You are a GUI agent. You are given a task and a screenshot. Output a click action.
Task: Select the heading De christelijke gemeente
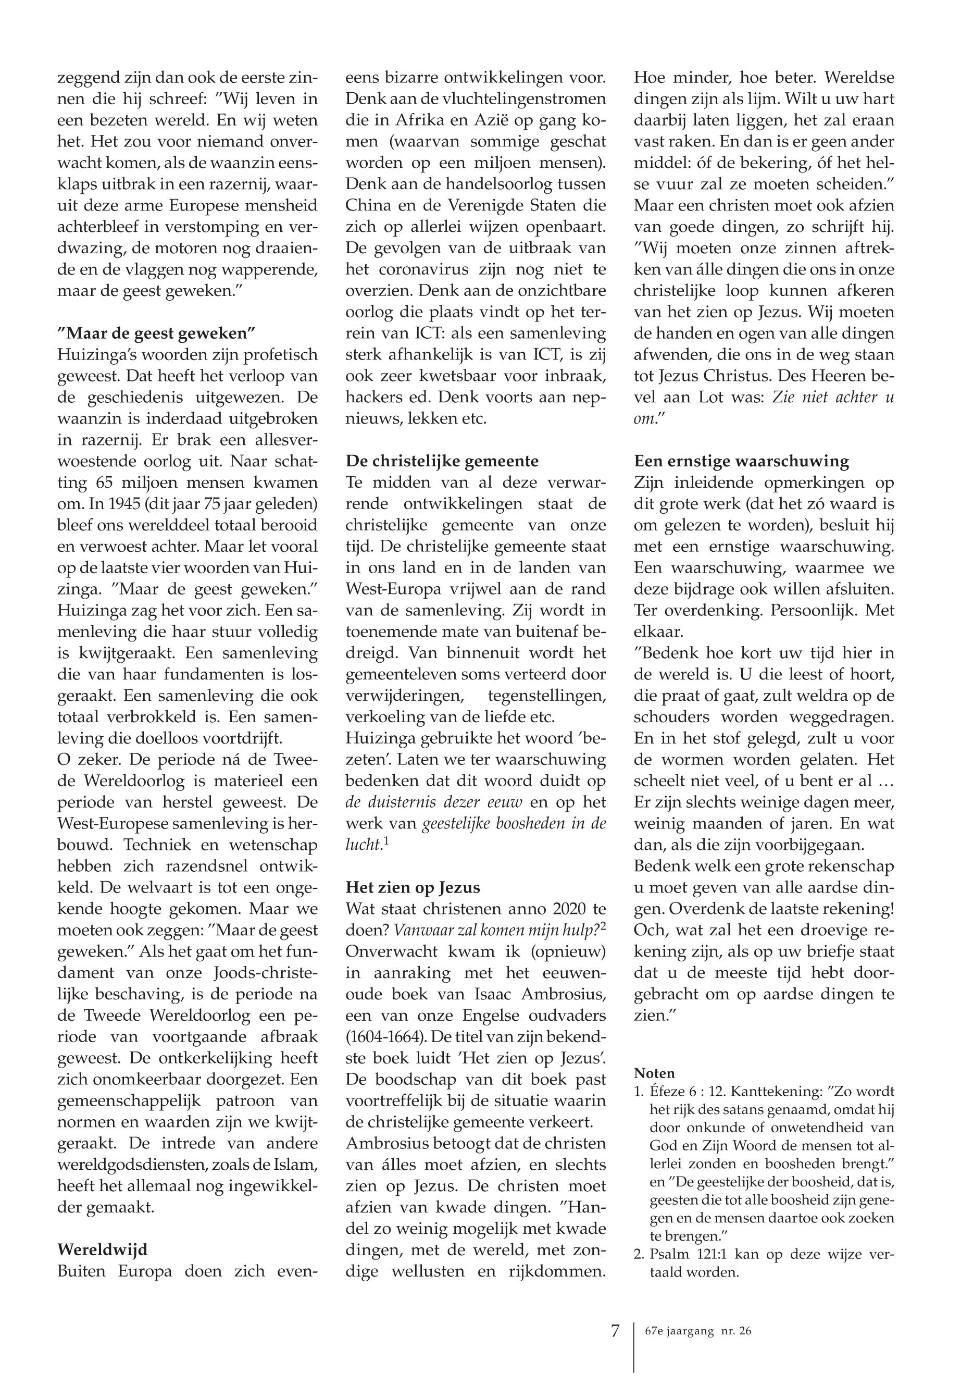(442, 462)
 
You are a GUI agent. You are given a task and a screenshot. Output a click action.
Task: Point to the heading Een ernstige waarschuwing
(741, 462)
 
